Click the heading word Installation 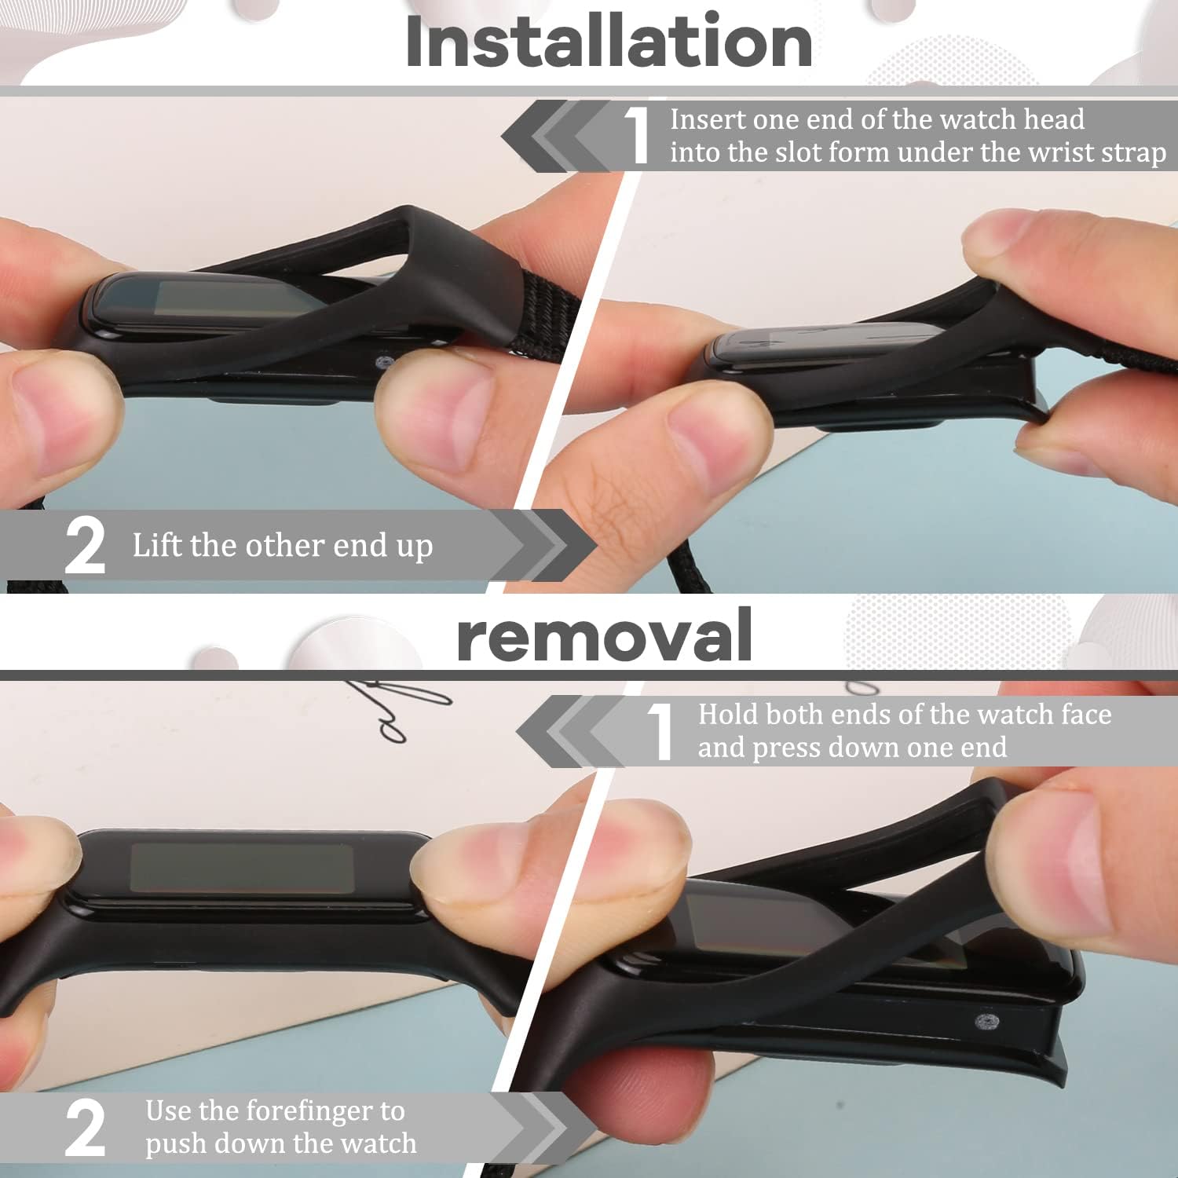(609, 42)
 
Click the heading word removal (605, 635)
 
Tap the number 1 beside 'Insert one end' (638, 136)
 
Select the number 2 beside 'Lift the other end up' (85, 546)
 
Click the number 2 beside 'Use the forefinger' (85, 1128)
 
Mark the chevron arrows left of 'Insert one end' (558, 136)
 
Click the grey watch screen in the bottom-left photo (241, 869)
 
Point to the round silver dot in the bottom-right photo (987, 1022)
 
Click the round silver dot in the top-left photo (384, 362)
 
